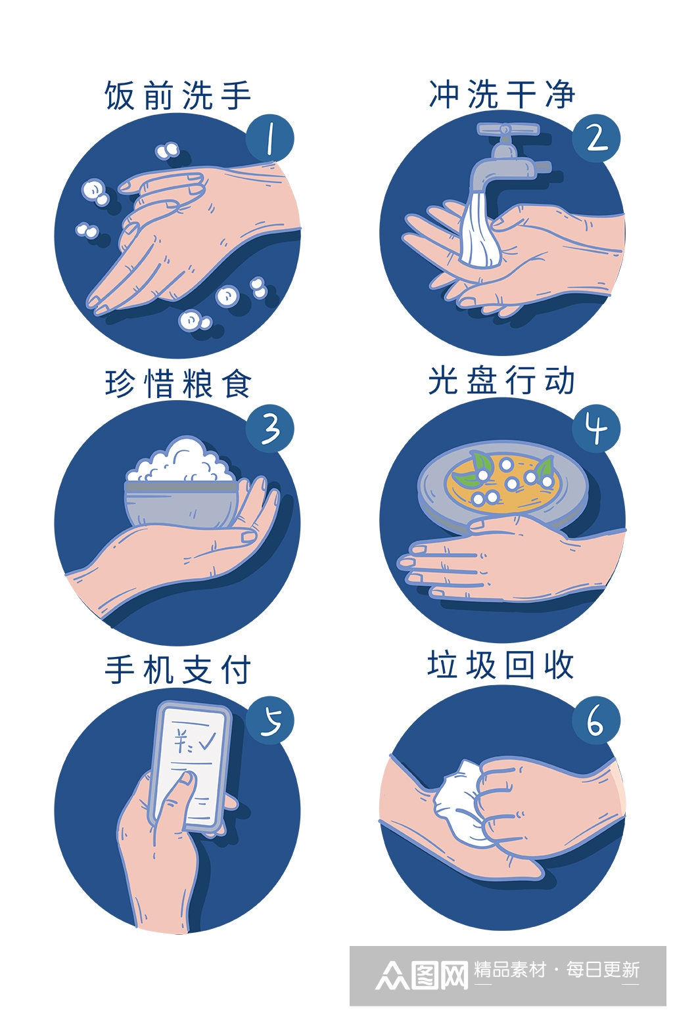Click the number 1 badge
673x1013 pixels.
(x=269, y=137)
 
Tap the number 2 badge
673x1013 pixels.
(x=596, y=139)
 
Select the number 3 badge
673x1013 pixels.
(x=269, y=428)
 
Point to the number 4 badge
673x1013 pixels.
(x=596, y=428)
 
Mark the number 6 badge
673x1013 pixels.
(x=595, y=720)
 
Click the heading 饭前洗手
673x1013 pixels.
(x=177, y=96)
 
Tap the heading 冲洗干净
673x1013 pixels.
(x=502, y=95)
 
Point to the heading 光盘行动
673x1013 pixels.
(x=502, y=380)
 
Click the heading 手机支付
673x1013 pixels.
(x=177, y=670)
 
